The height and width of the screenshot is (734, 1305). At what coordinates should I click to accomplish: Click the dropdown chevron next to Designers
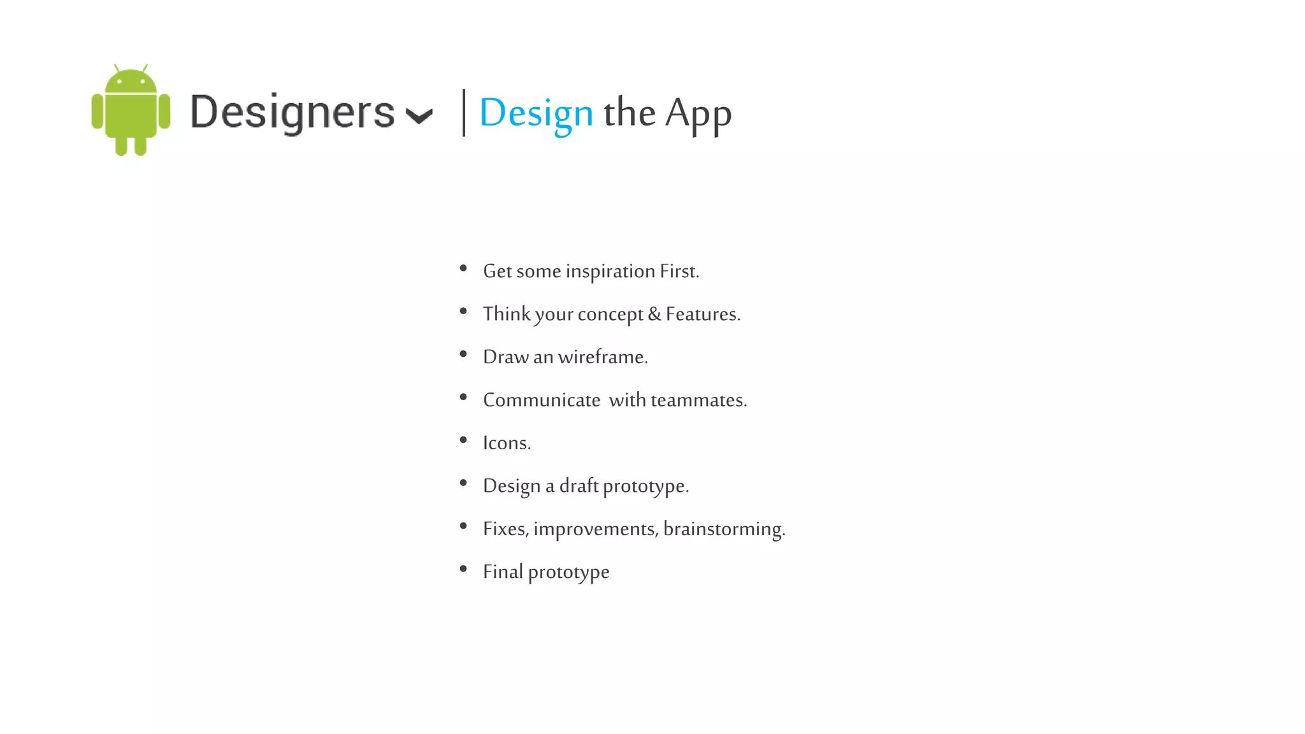pos(419,116)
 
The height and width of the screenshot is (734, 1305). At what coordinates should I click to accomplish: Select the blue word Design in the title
pos(536,113)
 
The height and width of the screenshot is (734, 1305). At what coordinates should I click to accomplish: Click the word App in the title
pos(698,115)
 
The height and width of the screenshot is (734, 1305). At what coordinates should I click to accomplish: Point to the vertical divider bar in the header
pos(464,113)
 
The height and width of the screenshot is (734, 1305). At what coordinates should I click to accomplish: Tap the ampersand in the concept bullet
pos(654,314)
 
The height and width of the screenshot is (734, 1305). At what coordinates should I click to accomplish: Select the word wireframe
pos(602,357)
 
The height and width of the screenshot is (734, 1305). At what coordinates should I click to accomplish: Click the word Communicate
pos(542,400)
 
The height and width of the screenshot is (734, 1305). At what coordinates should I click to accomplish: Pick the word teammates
pos(698,400)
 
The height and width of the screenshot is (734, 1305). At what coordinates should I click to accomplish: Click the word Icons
pos(507,443)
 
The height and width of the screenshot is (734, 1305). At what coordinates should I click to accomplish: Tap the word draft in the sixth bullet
pos(579,486)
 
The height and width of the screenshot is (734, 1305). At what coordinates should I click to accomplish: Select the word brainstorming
pos(724,529)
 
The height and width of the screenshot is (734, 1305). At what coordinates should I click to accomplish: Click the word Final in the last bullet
pos(503,572)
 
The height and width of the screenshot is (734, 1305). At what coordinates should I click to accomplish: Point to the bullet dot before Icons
pos(463,440)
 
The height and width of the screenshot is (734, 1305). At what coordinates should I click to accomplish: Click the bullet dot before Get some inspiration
pos(463,268)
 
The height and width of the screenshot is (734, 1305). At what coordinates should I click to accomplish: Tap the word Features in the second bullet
pos(702,314)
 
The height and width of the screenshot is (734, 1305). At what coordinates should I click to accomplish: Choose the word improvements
pos(595,529)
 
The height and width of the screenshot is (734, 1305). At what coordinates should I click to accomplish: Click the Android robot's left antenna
pos(117,68)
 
